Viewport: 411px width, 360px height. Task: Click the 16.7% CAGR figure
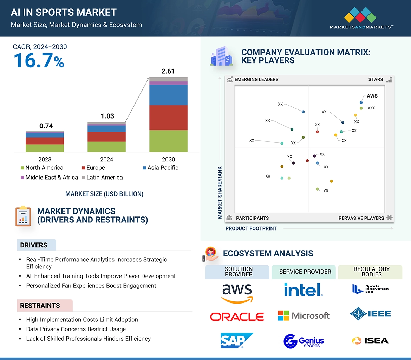pos(39,60)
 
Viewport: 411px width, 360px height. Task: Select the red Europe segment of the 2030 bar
pos(168,118)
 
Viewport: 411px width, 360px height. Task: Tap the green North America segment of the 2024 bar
pos(106,147)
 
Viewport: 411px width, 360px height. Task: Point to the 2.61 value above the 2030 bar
pos(168,71)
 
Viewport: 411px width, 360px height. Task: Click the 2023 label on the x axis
pos(45,159)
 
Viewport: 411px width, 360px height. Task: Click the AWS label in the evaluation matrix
pos(372,96)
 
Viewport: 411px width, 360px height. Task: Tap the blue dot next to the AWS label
pos(361,102)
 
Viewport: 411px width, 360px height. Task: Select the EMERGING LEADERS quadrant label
pos(256,79)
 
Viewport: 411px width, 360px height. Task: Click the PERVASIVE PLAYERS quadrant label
pos(361,218)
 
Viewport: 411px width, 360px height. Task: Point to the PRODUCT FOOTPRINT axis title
pos(251,228)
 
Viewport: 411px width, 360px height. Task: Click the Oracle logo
pos(237,317)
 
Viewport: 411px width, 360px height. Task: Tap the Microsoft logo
pos(304,315)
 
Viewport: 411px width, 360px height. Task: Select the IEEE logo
pos(370,314)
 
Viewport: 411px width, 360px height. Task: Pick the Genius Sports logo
pos(304,341)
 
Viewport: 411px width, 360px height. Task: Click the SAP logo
pos(237,341)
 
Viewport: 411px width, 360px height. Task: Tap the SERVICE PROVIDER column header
pos(305,272)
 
